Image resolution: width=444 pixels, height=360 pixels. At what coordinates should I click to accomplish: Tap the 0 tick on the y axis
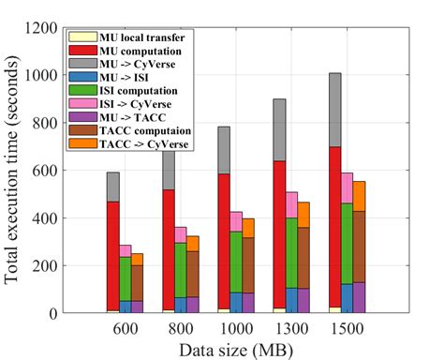point(52,313)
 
